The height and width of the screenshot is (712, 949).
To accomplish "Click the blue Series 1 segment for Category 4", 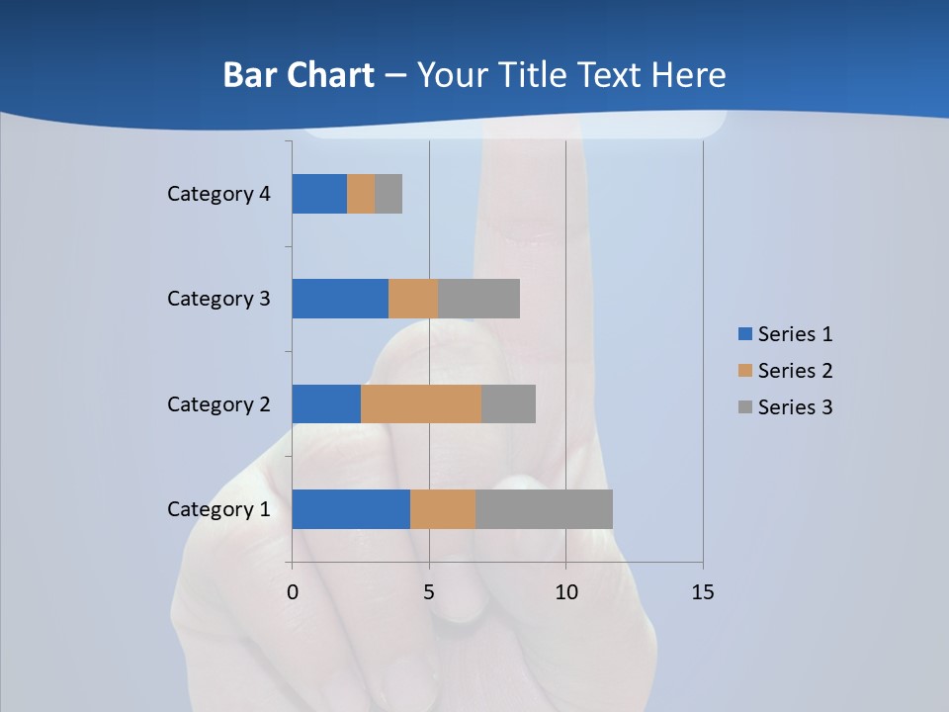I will click(319, 194).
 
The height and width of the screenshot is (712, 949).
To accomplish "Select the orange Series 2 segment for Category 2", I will click(421, 403).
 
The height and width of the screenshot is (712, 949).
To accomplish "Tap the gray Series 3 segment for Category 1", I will click(544, 509).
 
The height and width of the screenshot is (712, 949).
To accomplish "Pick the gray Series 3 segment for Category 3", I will click(478, 299).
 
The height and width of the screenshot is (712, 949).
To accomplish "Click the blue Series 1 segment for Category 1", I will click(351, 509).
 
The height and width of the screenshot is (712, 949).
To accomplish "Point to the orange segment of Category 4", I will click(361, 194).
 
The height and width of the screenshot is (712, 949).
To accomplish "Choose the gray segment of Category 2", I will click(508, 403).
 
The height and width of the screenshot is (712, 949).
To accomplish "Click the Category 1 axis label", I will click(218, 509).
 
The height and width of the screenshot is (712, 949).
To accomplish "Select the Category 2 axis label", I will click(218, 403).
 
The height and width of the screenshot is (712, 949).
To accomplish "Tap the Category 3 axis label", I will click(218, 299).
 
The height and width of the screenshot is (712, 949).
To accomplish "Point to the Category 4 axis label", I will click(218, 194).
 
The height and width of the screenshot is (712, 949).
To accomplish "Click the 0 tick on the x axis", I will click(293, 592).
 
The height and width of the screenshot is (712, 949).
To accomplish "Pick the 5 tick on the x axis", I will click(429, 592).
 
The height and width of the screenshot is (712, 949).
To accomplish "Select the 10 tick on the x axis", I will click(565, 592).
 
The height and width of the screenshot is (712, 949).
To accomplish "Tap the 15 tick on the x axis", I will click(702, 592).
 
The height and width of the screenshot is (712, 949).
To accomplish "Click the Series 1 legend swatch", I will click(745, 334).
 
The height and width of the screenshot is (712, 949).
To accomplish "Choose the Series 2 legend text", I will click(795, 371).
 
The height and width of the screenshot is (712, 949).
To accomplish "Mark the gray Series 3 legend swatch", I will click(745, 407).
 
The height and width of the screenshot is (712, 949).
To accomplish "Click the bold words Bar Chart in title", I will click(299, 75).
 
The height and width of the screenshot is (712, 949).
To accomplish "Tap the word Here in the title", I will click(691, 75).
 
